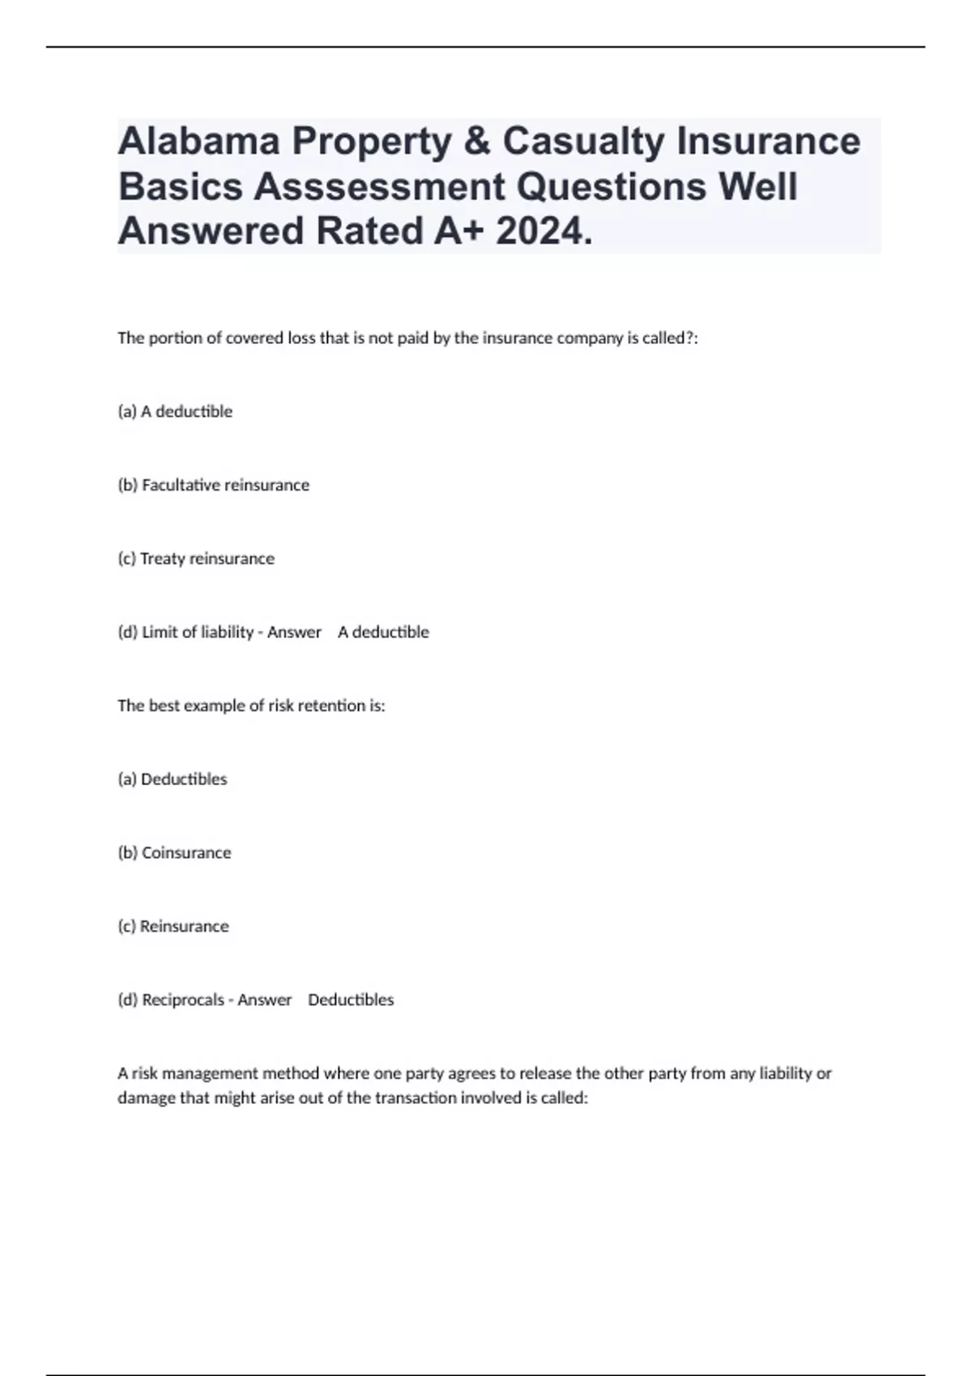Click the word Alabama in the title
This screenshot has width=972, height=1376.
(x=199, y=142)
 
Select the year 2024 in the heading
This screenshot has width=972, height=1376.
(x=544, y=231)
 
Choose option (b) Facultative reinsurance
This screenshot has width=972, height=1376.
(x=214, y=485)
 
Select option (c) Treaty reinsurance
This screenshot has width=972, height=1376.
(x=196, y=558)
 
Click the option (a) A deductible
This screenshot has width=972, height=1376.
(x=175, y=411)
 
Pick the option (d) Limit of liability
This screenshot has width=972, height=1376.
(x=185, y=632)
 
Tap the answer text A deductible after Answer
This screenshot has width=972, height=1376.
(x=383, y=632)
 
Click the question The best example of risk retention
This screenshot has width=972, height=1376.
(x=251, y=706)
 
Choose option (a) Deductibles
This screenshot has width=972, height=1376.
(x=173, y=779)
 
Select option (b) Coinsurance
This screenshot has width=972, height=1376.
(x=174, y=853)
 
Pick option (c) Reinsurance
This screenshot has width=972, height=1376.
(x=173, y=926)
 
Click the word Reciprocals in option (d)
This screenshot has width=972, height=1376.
(x=183, y=1000)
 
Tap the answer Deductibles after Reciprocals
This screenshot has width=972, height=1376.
(x=351, y=1000)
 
